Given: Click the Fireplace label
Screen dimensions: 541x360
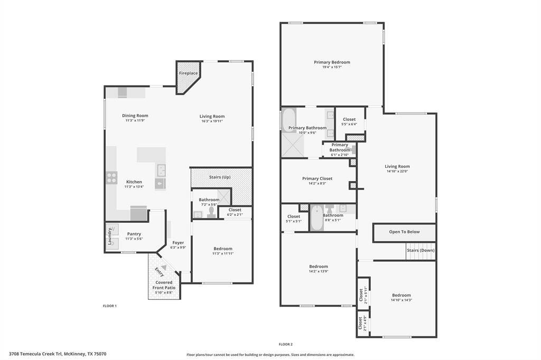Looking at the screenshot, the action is tap(189, 73).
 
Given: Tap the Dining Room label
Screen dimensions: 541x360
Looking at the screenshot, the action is tap(135, 116).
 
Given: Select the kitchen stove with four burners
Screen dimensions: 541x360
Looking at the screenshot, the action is tap(111, 177).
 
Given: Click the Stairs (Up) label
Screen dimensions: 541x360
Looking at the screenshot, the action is tap(220, 177).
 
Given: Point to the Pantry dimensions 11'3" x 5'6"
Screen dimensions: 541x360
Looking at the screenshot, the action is tap(134, 239).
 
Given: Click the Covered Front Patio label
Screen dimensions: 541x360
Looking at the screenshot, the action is tap(164, 285).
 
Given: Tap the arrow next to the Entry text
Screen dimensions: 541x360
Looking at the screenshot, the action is tap(164, 268).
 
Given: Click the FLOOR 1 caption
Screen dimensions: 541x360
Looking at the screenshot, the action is tap(110, 306).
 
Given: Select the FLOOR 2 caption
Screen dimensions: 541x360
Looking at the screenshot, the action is tap(286, 344).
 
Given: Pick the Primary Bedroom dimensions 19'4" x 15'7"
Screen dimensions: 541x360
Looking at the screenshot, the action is tap(332, 67).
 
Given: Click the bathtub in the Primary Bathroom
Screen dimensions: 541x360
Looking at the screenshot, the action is tap(289, 120).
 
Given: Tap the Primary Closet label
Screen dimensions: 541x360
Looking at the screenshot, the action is tap(317, 178).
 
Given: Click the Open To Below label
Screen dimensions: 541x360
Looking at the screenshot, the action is tap(404, 232).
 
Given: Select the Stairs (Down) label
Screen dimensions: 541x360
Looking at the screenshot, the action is tap(421, 250).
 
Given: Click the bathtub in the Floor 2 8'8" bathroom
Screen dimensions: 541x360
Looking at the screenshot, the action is tap(317, 217).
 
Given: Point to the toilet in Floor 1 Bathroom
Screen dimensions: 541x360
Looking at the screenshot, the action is tap(211, 212).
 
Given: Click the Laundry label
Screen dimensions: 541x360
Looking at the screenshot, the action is tap(110, 236).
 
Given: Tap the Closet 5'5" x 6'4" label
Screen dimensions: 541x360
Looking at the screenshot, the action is tap(349, 119).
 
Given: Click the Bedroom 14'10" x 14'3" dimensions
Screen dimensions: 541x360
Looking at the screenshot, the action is tap(402, 300).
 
